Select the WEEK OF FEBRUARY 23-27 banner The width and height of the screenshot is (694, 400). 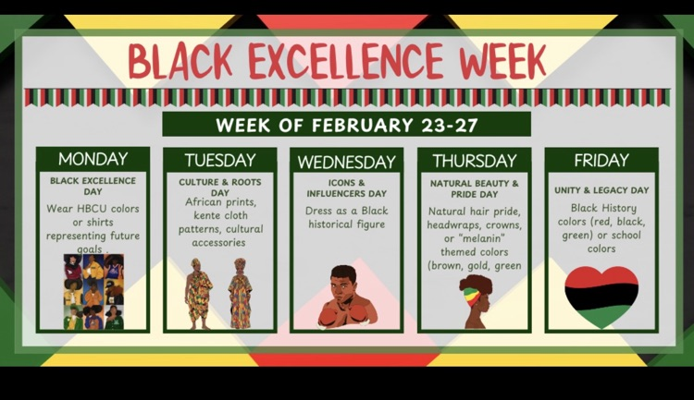[346, 124]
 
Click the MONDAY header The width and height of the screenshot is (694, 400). [93, 159]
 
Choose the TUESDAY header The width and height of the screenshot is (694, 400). [219, 160]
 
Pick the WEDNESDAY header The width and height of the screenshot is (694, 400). [346, 161]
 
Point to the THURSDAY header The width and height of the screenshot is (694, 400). [474, 160]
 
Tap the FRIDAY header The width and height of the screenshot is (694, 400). [601, 160]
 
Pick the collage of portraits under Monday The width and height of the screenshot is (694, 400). [93, 292]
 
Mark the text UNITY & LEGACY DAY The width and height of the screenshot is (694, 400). [601, 190]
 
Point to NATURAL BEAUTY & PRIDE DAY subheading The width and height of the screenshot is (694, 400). [474, 188]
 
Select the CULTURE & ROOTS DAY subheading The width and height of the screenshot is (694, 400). [219, 188]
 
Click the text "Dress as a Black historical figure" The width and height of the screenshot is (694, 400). [346, 217]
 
